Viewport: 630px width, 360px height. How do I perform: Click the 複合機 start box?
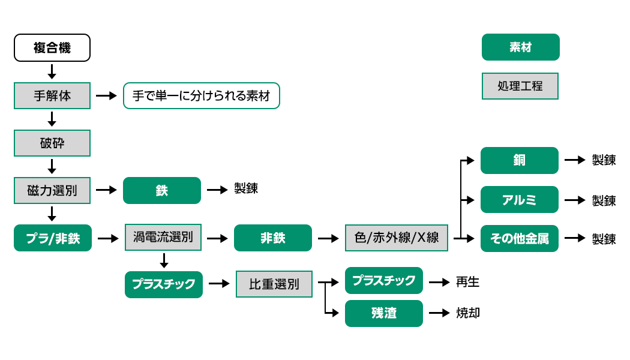point(52,48)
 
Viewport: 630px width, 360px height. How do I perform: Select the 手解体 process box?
point(52,95)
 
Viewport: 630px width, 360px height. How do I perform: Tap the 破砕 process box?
point(52,143)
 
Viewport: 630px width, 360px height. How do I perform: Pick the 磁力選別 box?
point(52,190)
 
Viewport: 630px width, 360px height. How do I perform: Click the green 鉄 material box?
point(162,190)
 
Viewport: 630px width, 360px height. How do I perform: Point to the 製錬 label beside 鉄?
point(246,189)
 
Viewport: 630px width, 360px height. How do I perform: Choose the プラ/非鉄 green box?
point(53,238)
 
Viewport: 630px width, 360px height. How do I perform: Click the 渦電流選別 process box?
point(163,237)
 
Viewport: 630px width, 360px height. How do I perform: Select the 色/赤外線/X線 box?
point(397,238)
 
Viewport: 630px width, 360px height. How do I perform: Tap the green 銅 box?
point(520,160)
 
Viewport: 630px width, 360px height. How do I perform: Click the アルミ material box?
point(520,200)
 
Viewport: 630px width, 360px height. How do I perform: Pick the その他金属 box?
point(520,238)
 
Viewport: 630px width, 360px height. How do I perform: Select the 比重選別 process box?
point(274,284)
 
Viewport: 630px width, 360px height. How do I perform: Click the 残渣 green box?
point(384,313)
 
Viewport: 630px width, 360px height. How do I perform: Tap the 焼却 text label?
point(467,313)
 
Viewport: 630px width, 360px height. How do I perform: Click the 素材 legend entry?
point(520,47)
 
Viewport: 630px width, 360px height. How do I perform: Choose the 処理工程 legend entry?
point(520,86)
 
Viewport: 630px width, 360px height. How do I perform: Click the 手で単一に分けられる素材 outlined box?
point(202,95)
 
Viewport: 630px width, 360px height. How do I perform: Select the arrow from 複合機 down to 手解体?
point(52,71)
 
